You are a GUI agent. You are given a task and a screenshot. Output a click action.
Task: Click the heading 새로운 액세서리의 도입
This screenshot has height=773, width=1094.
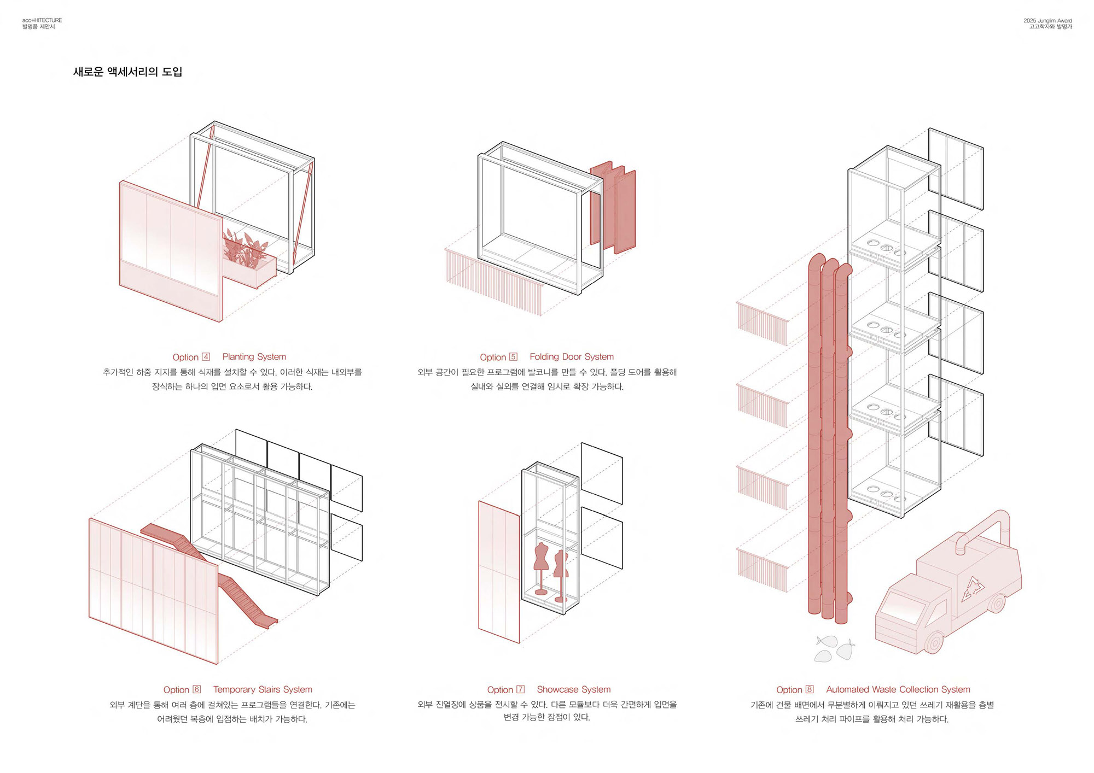(127, 72)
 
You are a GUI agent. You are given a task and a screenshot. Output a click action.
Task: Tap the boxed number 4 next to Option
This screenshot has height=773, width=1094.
(206, 357)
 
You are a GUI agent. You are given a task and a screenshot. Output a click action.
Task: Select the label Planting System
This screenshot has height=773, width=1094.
(254, 357)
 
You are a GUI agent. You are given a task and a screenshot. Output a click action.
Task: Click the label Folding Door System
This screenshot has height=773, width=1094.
(571, 357)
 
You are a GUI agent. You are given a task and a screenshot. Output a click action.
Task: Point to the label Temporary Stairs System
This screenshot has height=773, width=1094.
(263, 689)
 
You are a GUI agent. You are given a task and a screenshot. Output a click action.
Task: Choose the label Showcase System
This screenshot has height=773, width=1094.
(573, 689)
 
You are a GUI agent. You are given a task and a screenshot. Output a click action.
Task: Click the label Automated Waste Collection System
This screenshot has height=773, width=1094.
(898, 689)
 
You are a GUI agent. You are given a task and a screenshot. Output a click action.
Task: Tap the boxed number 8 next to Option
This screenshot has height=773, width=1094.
(810, 689)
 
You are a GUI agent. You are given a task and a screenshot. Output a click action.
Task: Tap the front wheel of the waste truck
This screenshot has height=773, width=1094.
(934, 643)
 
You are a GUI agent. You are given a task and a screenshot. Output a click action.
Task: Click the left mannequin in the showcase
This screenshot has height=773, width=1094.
(542, 563)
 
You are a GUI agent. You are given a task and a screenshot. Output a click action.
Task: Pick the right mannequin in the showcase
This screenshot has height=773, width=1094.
(561, 569)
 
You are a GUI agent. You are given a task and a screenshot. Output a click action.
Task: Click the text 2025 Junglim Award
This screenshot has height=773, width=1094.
(1048, 21)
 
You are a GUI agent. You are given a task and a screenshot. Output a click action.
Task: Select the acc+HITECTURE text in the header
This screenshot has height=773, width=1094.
(42, 20)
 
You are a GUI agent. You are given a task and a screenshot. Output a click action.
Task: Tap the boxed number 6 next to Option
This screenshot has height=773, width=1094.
(196, 689)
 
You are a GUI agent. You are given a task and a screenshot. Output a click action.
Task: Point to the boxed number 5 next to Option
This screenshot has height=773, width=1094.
(513, 357)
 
